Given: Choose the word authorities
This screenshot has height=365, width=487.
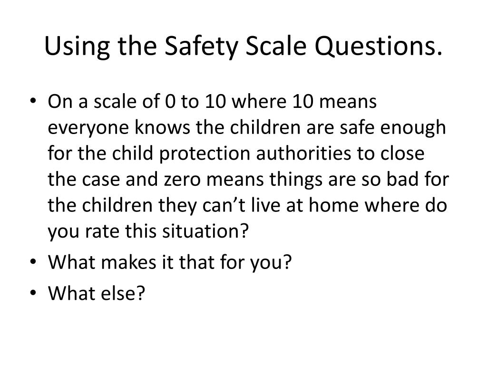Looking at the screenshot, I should pos(306,154).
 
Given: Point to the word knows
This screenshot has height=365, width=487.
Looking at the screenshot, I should pos(151,128).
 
